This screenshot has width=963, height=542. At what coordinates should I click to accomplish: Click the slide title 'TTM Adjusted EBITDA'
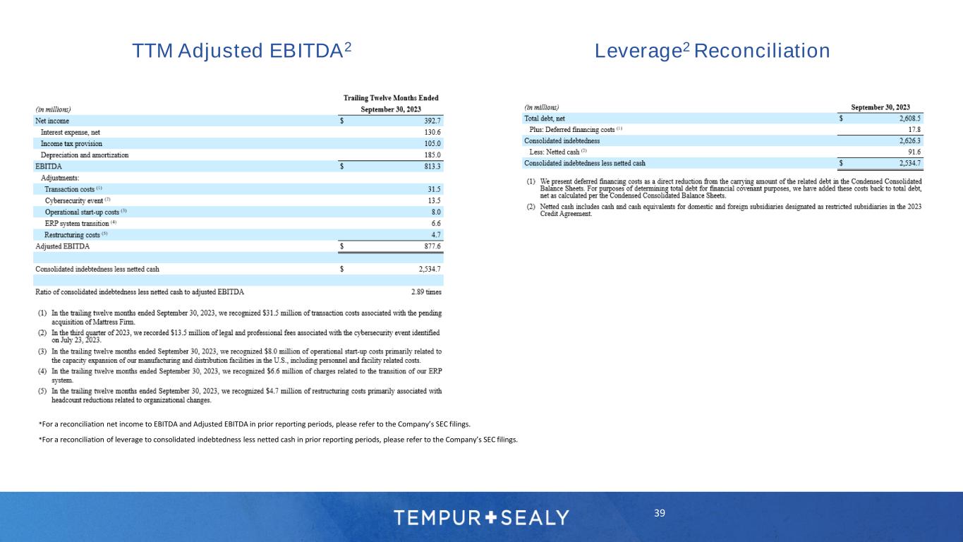tap(242, 51)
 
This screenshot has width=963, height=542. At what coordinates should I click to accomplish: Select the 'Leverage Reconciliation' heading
tap(712, 51)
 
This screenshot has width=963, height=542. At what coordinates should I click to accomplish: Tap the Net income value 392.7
tap(432, 121)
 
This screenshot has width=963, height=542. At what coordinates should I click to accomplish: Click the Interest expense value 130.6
tap(432, 132)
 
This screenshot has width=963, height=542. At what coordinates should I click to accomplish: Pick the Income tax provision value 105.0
tap(432, 143)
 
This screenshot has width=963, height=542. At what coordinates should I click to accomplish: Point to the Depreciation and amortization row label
tap(85, 155)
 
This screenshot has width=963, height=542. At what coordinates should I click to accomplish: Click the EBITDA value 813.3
tap(432, 167)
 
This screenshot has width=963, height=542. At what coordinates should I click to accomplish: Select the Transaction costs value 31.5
tap(434, 189)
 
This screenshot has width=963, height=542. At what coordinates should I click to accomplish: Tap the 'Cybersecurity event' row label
tap(78, 200)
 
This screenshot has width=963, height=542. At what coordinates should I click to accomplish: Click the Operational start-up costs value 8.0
tap(436, 212)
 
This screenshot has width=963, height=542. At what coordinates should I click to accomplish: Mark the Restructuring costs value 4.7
tap(436, 234)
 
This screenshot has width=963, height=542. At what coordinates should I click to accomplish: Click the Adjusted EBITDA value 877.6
tap(432, 246)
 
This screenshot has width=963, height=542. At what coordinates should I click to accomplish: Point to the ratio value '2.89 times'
tap(426, 291)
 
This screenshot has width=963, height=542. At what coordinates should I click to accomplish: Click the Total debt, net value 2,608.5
tap(906, 119)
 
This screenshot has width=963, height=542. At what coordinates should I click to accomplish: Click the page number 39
tap(660, 513)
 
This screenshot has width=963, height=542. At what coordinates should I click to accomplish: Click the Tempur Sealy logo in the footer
tap(481, 517)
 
